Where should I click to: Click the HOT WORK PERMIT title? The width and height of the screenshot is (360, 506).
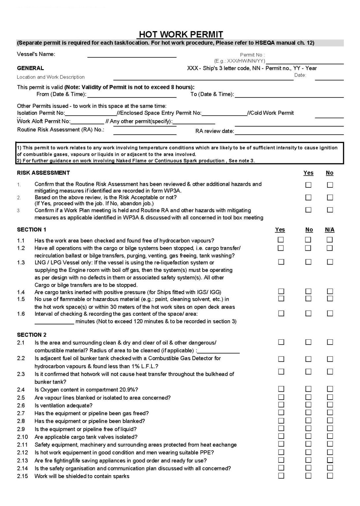coord(181,34)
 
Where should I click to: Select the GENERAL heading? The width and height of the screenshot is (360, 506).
coord(30,68)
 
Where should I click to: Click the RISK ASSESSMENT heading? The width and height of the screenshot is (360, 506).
coord(44,173)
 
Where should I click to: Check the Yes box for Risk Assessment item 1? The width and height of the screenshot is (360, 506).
coord(308,185)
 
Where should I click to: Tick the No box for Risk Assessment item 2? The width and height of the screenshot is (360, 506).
coord(330,197)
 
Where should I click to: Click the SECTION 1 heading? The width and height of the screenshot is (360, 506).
coord(32,230)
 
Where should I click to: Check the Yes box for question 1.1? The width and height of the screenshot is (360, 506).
coord(281,239)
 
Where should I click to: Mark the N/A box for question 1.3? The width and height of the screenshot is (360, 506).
coord(330,262)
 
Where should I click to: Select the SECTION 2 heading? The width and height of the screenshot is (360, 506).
coord(32,335)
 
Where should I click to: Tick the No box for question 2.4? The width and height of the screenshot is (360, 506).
coord(308,389)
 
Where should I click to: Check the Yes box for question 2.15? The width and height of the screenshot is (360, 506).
coord(281,475)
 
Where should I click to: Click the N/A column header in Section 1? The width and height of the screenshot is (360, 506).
coord(330,230)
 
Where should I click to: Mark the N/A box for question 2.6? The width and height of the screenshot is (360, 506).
coord(330,405)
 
